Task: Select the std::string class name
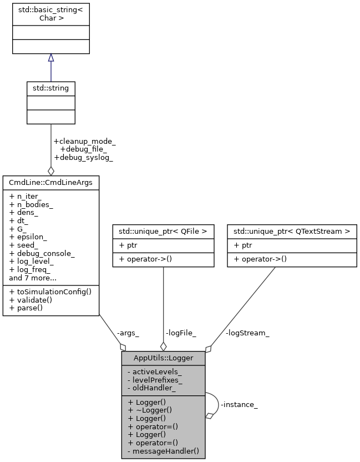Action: [51, 88]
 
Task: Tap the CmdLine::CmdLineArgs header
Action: [51, 182]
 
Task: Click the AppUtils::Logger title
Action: [163, 358]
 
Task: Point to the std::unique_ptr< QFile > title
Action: [163, 230]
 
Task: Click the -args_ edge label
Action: [128, 333]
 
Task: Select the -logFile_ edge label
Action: [181, 333]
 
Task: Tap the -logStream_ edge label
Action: [247, 333]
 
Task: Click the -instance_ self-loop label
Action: [239, 405]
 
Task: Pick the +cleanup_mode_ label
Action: [84, 142]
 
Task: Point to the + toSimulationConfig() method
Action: [50, 291]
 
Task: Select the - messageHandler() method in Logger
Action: [163, 451]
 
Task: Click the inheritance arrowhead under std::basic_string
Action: [51, 58]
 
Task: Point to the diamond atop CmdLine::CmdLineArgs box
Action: [51, 171]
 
